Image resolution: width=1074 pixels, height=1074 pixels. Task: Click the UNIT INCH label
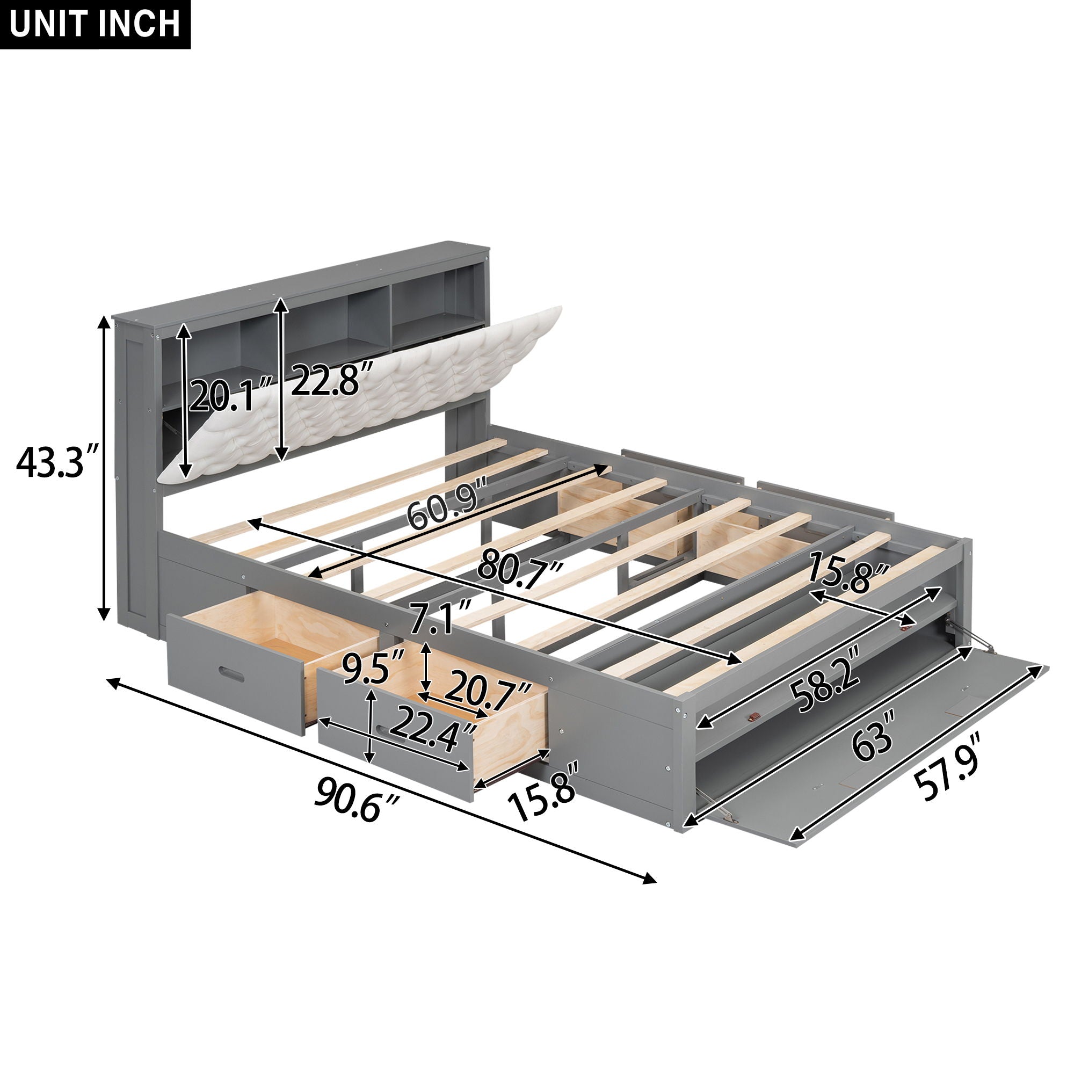pyautogui.click(x=95, y=25)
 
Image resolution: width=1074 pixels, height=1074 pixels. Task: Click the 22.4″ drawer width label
pyautogui.click(x=433, y=734)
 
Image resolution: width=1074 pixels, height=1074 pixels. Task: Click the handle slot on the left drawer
pyautogui.click(x=233, y=673)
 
